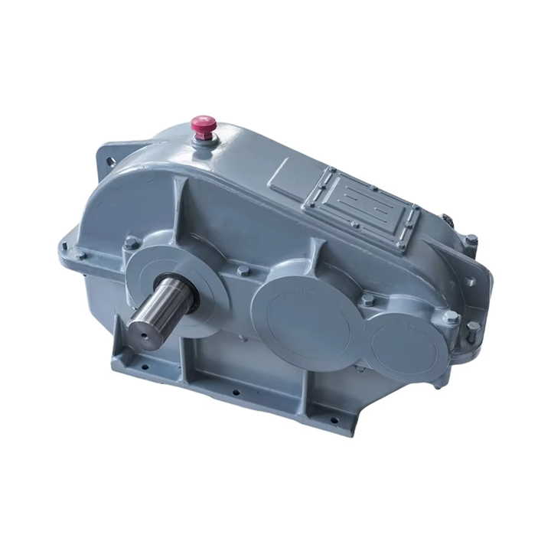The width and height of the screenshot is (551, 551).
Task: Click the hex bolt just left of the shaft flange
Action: coord(131,243)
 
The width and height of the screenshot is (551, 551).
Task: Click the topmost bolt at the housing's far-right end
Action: coord(471,240)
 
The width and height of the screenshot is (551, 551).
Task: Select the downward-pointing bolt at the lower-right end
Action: coord(474,327)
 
